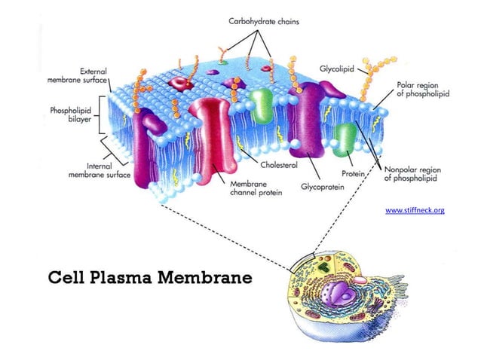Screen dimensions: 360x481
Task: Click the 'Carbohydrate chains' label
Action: pyautogui.click(x=264, y=22)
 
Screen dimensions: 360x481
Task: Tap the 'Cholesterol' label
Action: pyautogui.click(x=279, y=164)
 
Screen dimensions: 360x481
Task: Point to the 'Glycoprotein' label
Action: pyautogui.click(x=322, y=185)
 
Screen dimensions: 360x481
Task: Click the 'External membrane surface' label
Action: pyautogui.click(x=76, y=75)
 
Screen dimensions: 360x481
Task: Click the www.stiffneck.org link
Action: pyautogui.click(x=415, y=210)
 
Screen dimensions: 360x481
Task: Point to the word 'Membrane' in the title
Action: pyautogui.click(x=210, y=277)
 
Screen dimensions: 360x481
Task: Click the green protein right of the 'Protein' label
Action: pyautogui.click(x=345, y=140)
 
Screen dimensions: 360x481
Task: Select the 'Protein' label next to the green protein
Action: pyautogui.click(x=353, y=173)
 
